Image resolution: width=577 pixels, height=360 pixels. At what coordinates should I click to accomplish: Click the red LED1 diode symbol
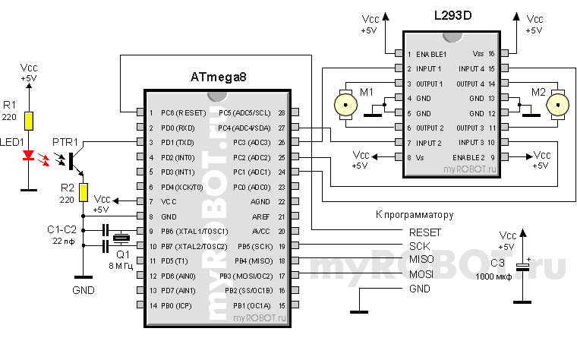29,156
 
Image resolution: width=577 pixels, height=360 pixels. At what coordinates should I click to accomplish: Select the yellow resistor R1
29,120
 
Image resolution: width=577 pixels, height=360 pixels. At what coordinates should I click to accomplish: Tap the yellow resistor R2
83,193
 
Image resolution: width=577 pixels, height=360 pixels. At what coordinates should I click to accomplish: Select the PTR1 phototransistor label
65,142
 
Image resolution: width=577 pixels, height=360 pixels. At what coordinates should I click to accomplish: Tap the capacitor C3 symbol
523,267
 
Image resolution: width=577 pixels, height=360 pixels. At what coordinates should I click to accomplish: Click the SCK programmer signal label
420,247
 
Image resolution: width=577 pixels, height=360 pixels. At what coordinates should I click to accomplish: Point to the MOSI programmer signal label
422,274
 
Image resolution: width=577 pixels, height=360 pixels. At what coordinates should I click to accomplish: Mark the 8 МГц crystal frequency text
121,267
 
